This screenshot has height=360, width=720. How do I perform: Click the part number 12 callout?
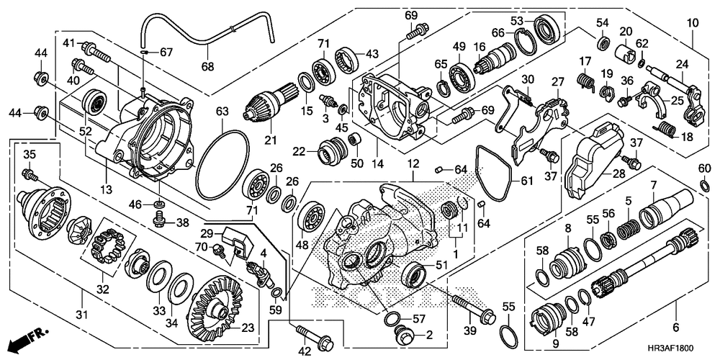(x=413, y=163)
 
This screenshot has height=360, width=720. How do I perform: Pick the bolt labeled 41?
(x=96, y=52)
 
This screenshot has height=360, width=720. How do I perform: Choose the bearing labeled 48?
(x=312, y=216)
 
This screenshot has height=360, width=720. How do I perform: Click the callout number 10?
(x=693, y=22)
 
